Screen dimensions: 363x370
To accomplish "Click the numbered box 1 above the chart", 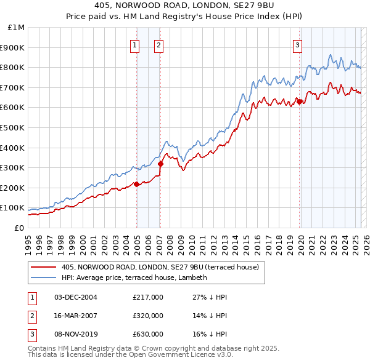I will tap(134, 44).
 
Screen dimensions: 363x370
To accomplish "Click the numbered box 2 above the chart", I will tap(158, 44).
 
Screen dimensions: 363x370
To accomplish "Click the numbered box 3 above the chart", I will tap(297, 44).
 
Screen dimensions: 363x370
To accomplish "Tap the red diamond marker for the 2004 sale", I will tap(136, 184).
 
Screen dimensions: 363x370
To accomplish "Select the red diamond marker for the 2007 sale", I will tap(160, 164).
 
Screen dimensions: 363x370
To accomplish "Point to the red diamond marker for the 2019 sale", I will tap(300, 102).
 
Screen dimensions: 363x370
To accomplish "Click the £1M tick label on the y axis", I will tap(17, 28).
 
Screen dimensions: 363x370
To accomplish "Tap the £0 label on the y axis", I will tap(19, 228).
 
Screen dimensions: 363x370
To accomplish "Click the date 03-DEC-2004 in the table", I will tap(76, 297).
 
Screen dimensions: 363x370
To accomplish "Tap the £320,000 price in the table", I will tap(148, 316).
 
